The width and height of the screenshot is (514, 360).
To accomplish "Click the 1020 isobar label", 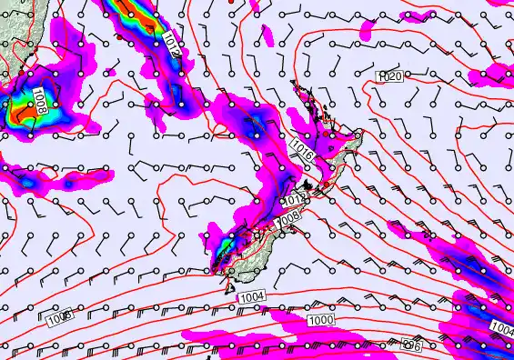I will click(390, 79).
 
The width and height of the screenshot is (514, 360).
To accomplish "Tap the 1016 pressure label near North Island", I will click(304, 150).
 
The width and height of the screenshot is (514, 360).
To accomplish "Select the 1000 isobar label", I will click(320, 321).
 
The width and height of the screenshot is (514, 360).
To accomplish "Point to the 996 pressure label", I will click(412, 345).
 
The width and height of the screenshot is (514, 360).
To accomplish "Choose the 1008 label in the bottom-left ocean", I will click(59, 317).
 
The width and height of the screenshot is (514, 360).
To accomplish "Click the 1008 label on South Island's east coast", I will click(287, 219).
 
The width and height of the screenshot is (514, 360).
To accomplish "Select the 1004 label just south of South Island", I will click(252, 298).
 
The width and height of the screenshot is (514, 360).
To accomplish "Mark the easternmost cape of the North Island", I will click(360, 135).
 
